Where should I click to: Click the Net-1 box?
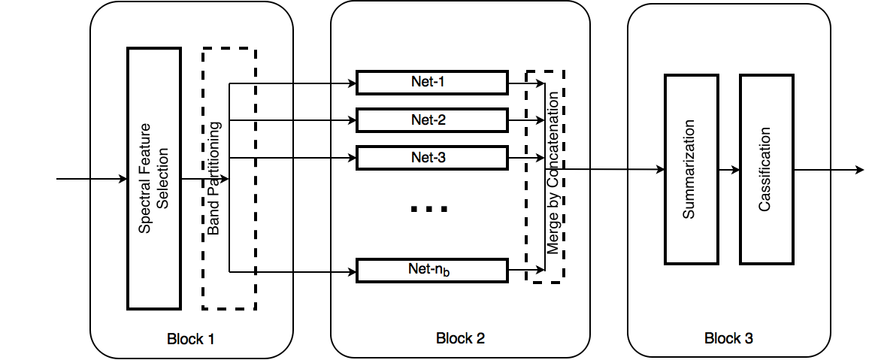(432, 83)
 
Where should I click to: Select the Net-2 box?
(432, 119)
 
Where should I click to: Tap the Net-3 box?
(432, 158)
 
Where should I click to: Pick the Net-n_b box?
(432, 271)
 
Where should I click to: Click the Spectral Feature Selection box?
(154, 178)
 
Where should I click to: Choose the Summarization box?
(692, 169)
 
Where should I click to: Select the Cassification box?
(766, 169)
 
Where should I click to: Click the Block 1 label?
(191, 338)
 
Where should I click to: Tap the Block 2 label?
(460, 337)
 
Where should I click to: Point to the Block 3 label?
(728, 337)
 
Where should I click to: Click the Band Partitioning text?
(214, 177)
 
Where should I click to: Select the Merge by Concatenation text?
(553, 173)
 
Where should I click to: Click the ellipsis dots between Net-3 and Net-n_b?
(428, 209)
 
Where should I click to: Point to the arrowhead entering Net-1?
(352, 83)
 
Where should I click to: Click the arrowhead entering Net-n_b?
(352, 271)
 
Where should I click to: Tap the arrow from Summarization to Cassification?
(729, 170)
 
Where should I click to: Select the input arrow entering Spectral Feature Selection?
(92, 179)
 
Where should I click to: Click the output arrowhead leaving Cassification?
(860, 170)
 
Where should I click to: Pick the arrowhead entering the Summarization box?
(660, 170)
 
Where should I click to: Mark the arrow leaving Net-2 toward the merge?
(526, 120)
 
